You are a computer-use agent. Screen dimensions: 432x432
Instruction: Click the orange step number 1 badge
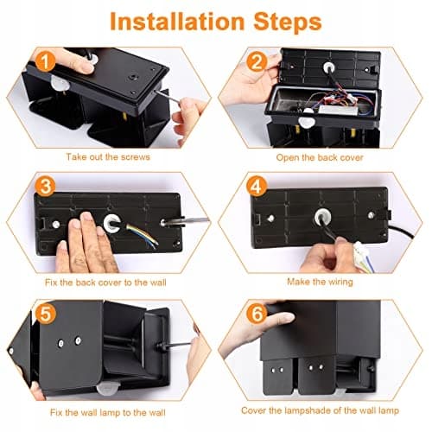[45, 61]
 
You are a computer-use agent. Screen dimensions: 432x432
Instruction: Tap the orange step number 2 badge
[257, 61]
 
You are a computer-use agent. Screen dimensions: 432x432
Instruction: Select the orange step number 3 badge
[45, 187]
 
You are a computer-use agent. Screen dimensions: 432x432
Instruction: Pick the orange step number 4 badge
[257, 187]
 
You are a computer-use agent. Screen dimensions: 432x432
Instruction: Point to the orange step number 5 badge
[45, 313]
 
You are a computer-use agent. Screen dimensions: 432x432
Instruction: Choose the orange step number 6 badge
[257, 313]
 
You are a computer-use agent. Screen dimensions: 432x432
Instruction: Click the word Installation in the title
[177, 22]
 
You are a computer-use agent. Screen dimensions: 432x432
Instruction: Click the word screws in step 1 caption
[136, 157]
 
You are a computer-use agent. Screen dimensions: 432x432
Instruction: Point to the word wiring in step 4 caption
[340, 282]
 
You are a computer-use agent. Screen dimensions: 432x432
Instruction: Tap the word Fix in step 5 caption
[56, 412]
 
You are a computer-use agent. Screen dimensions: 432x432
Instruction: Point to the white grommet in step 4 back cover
[322, 217]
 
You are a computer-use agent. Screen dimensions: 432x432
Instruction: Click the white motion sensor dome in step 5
[107, 389]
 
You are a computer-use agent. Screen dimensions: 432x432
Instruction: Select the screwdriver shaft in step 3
[195, 220]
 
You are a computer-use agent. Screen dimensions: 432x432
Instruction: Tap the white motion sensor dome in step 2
[308, 122]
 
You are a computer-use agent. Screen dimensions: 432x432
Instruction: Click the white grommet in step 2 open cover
[328, 67]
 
